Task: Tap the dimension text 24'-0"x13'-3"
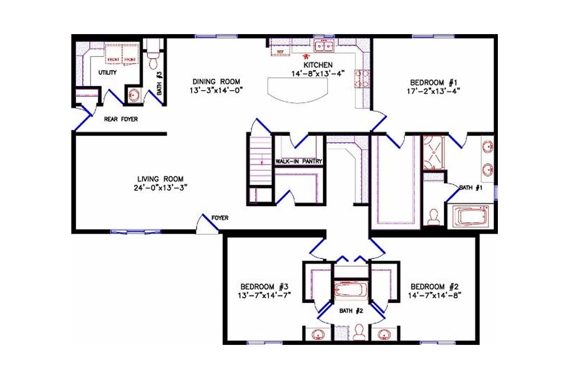(161, 187)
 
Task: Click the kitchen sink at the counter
(324, 46)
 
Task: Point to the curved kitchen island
(298, 89)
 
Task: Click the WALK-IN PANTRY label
(299, 162)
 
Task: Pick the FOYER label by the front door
(220, 218)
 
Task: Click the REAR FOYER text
(121, 119)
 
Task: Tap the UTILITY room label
(108, 73)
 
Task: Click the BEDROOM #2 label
(434, 287)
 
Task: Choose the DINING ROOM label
(216, 81)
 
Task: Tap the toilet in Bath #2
(358, 331)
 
